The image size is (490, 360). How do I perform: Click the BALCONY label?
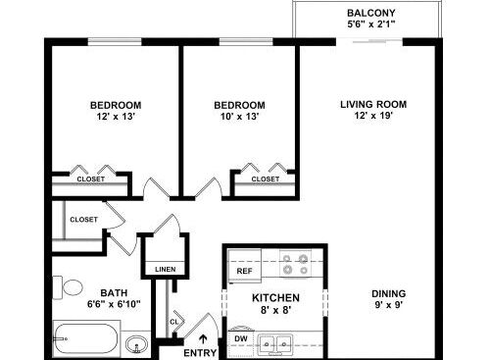click(371, 13)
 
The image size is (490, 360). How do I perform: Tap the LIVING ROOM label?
click(373, 105)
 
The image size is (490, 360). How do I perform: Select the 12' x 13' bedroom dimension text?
click(116, 117)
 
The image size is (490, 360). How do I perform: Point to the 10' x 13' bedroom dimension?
click(239, 117)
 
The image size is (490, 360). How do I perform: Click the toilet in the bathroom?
click(68, 287)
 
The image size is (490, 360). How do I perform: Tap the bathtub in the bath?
click(86, 339)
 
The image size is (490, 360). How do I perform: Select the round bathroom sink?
click(137, 344)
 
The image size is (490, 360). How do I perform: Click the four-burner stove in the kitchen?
click(295, 264)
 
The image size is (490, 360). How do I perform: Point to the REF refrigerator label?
click(244, 271)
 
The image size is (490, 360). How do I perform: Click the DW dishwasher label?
click(241, 338)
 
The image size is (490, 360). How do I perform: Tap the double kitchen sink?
click(275, 344)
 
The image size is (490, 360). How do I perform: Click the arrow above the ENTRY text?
click(203, 339)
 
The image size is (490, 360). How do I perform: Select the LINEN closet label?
click(166, 270)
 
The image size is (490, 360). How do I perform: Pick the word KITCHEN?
click(275, 298)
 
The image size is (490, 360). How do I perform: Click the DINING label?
click(389, 293)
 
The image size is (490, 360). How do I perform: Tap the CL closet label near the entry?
click(174, 322)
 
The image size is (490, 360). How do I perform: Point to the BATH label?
click(114, 293)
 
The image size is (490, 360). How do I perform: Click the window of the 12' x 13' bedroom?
click(115, 42)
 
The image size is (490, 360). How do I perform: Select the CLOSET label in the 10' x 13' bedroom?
click(266, 180)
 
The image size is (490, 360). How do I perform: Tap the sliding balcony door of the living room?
click(369, 41)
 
